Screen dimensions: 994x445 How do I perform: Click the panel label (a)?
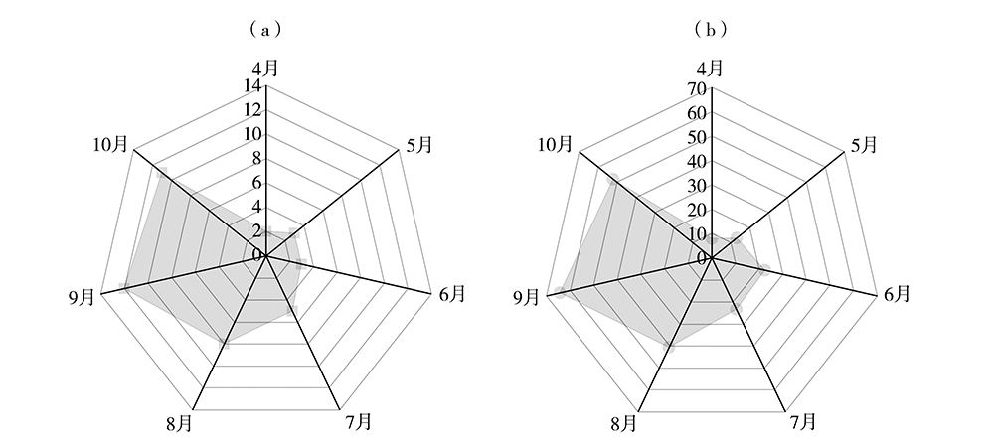click(x=265, y=29)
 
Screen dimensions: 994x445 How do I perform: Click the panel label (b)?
click(x=711, y=29)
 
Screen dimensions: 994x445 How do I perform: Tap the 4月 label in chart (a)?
click(x=265, y=68)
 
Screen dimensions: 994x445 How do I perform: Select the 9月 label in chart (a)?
click(x=82, y=297)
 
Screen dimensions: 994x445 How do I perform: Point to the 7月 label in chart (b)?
click(x=802, y=421)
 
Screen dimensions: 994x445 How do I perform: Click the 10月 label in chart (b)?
click(x=556, y=145)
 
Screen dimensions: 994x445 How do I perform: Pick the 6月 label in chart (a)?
click(x=452, y=293)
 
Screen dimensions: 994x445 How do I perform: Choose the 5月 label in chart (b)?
click(x=864, y=145)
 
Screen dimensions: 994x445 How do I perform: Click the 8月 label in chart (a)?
click(x=179, y=423)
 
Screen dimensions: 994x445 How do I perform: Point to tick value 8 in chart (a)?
click(x=257, y=159)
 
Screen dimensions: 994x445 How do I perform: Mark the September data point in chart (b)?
click(x=559, y=292)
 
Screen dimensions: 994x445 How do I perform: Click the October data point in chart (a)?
click(x=162, y=171)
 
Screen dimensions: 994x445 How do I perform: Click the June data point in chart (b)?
click(x=764, y=270)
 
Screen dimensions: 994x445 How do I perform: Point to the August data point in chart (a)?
click(x=225, y=344)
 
